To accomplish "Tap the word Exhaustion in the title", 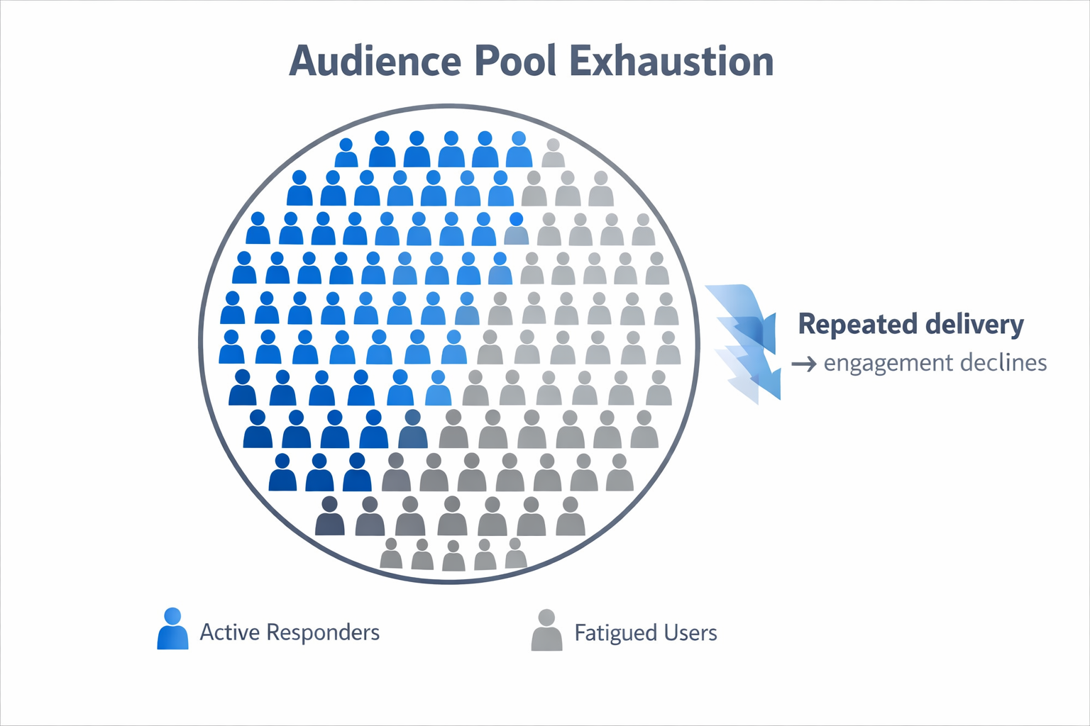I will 671,62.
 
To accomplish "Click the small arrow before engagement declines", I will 804,364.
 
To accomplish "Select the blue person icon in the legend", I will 172,629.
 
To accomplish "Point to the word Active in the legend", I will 229,632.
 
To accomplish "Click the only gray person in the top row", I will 553,153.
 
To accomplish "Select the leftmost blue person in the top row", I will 346,153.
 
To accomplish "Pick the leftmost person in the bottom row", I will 390,554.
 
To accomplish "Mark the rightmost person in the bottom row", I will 516,554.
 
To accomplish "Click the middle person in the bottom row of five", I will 453,556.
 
